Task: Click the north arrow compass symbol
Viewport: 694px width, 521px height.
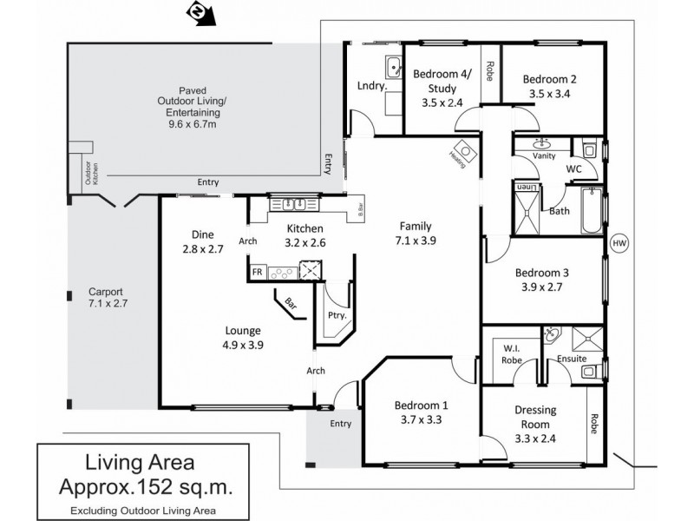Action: (199, 13)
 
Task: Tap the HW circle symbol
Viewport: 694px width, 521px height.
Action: (619, 244)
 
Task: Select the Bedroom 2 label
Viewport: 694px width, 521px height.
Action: (549, 79)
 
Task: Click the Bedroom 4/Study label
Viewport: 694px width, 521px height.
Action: (441, 80)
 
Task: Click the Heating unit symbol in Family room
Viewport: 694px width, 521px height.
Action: (464, 153)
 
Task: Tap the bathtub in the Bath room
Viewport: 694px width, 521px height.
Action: (591, 210)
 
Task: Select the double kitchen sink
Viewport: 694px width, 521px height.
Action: (290, 204)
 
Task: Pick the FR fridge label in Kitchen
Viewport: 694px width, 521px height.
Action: (257, 272)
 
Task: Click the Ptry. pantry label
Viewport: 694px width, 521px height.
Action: (336, 315)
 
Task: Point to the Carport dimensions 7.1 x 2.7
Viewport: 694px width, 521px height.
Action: (108, 305)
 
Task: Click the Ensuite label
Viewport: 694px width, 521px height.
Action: (572, 358)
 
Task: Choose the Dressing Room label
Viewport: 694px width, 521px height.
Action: (534, 417)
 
